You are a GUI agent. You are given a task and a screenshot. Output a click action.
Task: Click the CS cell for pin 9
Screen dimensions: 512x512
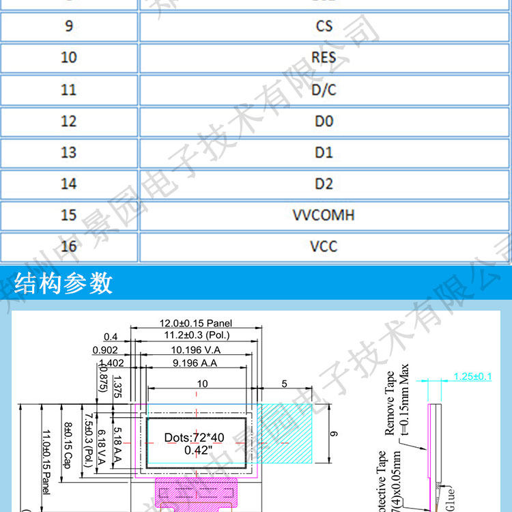pos(324,27)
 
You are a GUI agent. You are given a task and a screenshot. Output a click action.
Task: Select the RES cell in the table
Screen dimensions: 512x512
pos(324,57)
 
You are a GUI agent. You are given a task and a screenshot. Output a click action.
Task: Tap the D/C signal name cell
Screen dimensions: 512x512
pos(324,89)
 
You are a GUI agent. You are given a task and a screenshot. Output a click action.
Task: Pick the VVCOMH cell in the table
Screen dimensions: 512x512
pos(324,215)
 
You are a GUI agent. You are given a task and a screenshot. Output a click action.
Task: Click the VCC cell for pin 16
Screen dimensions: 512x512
pos(324,246)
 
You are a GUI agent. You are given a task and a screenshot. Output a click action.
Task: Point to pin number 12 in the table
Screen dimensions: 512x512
pos(69,122)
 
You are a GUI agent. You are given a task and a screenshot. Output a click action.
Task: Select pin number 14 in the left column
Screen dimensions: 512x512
pos(69,184)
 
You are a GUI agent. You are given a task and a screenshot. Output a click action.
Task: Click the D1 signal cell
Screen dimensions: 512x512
pos(324,152)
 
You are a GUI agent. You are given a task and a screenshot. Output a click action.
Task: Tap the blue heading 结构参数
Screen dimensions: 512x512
pos(63,283)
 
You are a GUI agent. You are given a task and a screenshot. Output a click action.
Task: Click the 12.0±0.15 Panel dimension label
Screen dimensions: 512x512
pos(196,322)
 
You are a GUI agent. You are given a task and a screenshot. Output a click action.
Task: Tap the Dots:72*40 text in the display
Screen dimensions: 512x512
pos(194,438)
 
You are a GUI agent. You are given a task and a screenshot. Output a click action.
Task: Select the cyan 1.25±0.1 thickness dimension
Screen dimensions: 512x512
pos(472,376)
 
